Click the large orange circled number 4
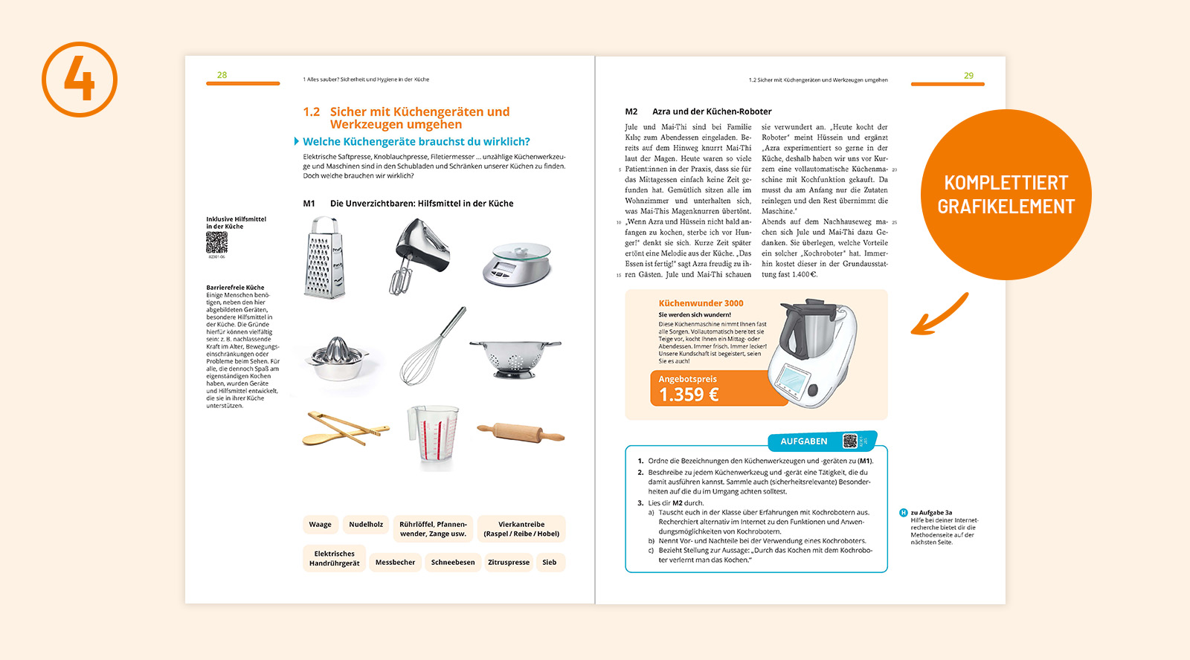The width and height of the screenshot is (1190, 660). [x=80, y=80]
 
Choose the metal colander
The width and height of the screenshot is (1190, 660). [x=515, y=356]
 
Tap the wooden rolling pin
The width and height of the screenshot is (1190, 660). [x=520, y=431]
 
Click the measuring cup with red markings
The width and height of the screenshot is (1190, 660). [x=433, y=437]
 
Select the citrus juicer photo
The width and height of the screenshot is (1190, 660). [x=338, y=358]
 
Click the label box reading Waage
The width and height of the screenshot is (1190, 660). [x=321, y=525]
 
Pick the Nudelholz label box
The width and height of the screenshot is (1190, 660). [x=366, y=525]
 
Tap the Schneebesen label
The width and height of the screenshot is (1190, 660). [x=453, y=563]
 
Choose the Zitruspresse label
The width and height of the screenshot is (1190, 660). [x=509, y=563]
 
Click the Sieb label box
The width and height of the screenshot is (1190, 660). [x=550, y=563]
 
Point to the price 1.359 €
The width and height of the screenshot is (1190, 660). [x=689, y=395]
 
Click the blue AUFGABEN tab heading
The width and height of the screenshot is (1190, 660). [x=803, y=441]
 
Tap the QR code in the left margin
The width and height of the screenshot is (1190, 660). [x=216, y=242]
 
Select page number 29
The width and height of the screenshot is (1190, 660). [x=968, y=76]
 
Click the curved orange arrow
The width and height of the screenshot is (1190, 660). [x=939, y=314]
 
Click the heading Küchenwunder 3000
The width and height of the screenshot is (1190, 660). [x=701, y=303]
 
